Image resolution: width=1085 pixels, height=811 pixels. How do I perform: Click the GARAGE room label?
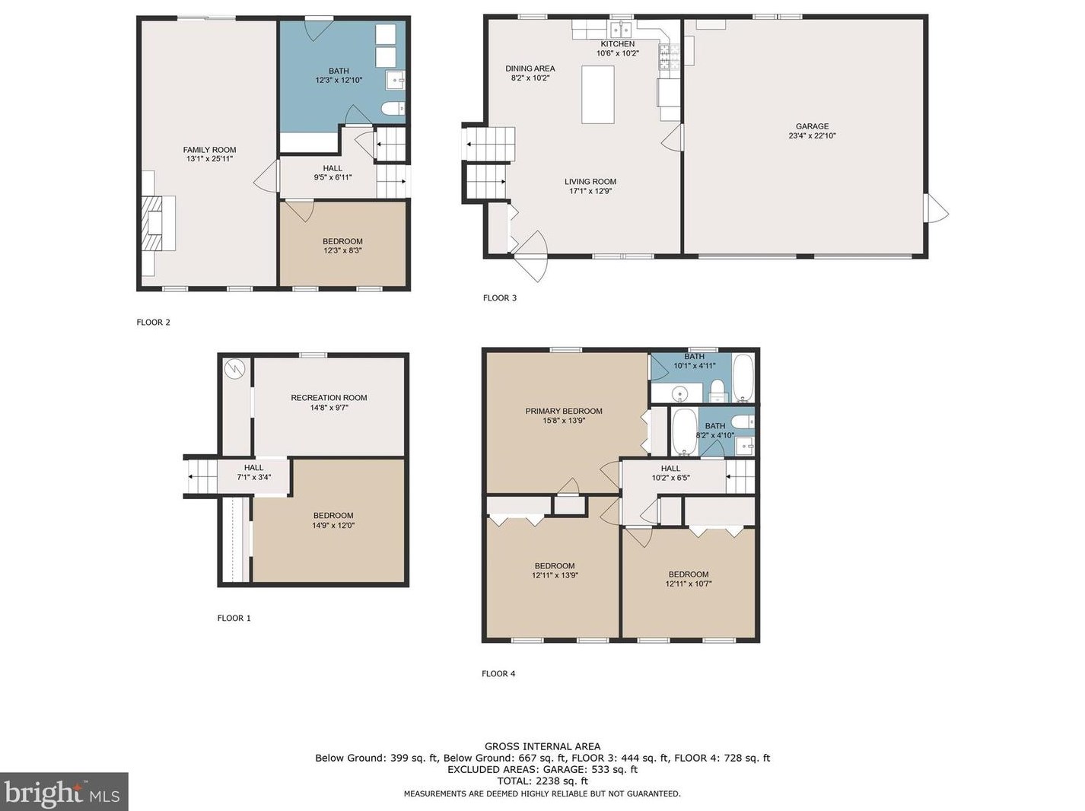812,126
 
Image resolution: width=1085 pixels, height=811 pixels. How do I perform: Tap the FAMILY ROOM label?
209,150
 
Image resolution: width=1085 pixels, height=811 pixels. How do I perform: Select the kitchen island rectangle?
598,94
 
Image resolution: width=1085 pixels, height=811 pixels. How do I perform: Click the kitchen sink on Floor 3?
621,30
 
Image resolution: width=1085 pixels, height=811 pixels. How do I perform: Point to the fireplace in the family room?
158,223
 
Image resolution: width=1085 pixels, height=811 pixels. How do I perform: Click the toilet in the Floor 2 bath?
394,108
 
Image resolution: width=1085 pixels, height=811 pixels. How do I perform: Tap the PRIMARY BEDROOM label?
564,411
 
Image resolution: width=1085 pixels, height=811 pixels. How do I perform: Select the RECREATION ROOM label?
329,398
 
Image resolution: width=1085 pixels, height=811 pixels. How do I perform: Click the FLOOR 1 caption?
234,619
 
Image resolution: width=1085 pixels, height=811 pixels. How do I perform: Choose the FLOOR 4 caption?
498,673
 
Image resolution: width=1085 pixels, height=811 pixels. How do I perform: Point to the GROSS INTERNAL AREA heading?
542,747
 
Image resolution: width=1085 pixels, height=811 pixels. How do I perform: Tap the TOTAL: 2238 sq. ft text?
542,781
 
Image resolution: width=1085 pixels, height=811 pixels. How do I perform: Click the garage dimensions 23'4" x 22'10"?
812,136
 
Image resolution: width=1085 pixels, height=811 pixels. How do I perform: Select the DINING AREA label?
530,68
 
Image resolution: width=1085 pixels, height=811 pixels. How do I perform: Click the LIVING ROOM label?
590,182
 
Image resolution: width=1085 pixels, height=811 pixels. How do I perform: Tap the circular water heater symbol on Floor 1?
234,368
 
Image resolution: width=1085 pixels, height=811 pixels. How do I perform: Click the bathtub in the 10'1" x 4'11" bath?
743,378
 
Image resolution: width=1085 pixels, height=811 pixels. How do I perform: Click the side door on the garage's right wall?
936,208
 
